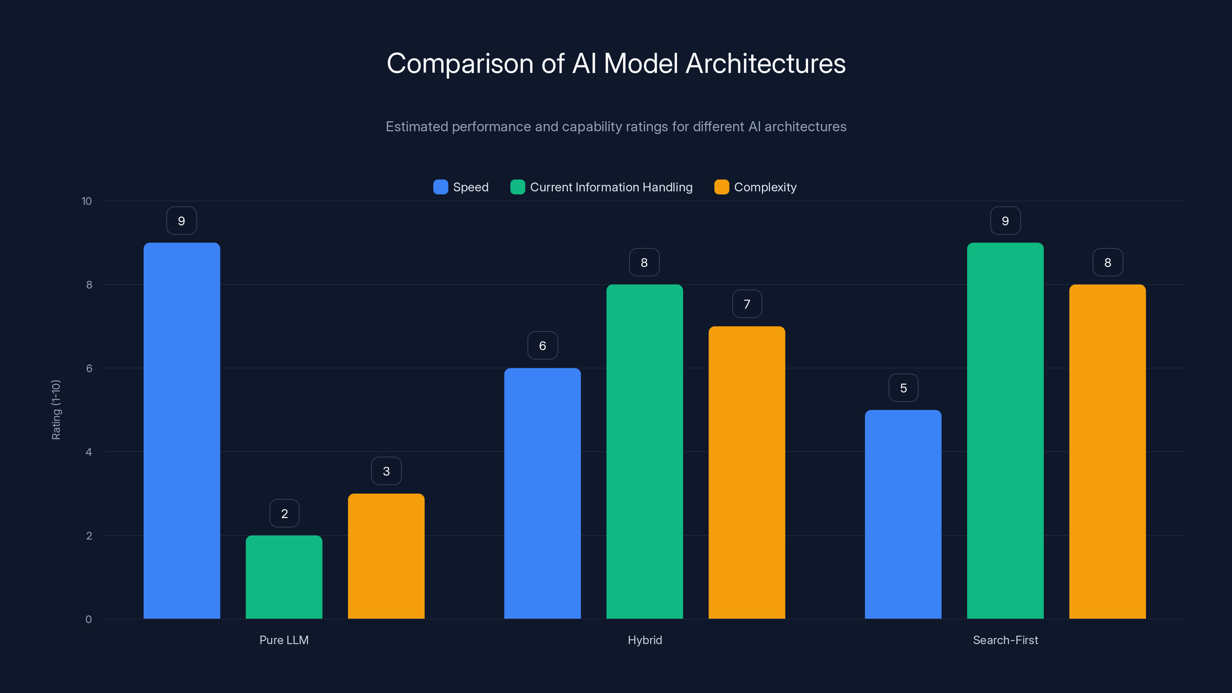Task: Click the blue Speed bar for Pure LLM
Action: (182, 430)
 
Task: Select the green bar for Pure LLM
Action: (284, 577)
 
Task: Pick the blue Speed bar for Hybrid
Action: (542, 493)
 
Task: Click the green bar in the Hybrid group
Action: (644, 452)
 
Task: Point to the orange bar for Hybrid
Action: (747, 472)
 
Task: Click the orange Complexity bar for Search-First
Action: (1107, 452)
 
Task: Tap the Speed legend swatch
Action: (440, 187)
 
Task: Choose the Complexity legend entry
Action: (765, 187)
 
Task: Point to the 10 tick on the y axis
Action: (87, 201)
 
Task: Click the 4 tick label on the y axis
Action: (89, 452)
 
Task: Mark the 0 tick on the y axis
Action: (89, 619)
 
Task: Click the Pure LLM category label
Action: (284, 640)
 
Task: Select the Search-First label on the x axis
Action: (1005, 640)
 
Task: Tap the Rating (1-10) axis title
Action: (56, 410)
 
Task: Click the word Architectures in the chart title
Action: (765, 64)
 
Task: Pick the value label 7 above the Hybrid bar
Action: (747, 304)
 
